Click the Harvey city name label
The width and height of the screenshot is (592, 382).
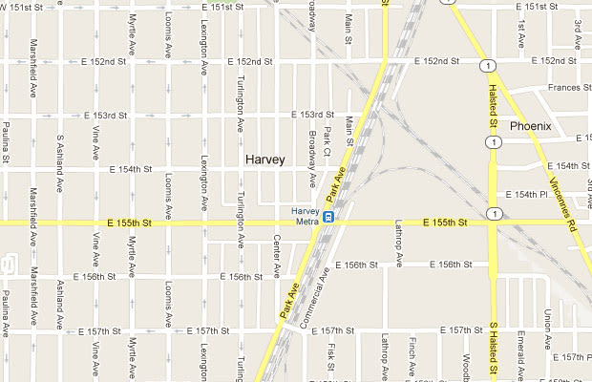[x=264, y=159]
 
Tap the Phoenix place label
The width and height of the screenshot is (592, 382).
[x=530, y=125]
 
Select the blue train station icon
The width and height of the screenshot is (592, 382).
[x=328, y=216]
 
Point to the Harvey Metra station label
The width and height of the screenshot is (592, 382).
[x=305, y=216]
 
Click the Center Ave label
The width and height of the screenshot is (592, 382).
[x=276, y=250]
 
